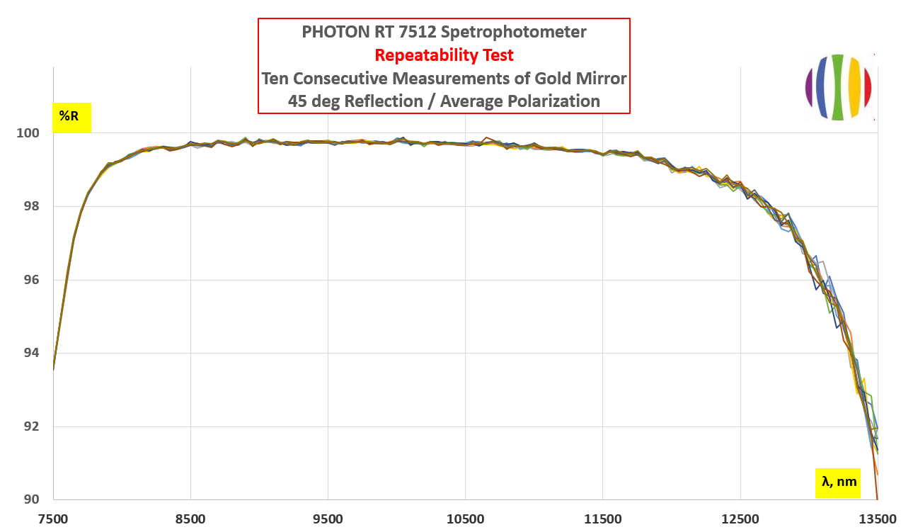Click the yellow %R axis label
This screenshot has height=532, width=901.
(x=71, y=116)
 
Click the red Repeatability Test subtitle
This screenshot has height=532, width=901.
(x=444, y=55)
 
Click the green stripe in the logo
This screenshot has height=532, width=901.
(x=838, y=86)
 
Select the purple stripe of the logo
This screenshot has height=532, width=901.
(x=809, y=87)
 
